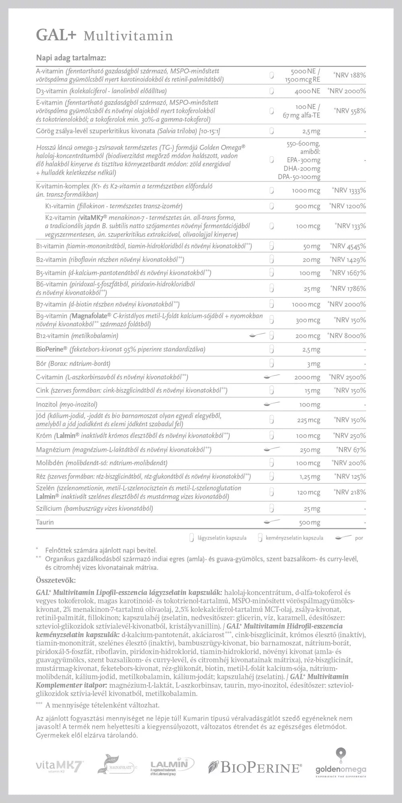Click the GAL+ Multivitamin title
105,36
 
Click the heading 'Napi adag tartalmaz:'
71,58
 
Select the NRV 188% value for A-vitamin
349,75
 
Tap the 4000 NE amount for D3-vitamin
308,91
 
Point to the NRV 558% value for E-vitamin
349,111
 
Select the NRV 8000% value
347,336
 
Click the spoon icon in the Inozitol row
272,404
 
